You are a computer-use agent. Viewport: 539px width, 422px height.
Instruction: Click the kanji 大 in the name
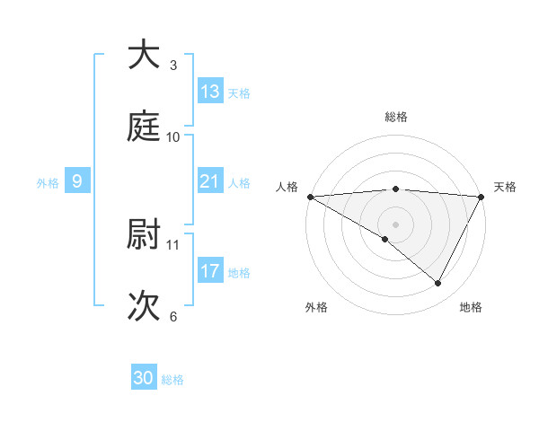[x=144, y=55]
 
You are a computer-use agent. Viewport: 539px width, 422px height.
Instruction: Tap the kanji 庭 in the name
[x=144, y=127]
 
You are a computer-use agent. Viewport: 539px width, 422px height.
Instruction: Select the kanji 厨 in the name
[x=144, y=235]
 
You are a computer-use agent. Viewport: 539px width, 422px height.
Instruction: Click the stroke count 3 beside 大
[x=173, y=65]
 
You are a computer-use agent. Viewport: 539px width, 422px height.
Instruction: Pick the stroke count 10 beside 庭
[x=173, y=137]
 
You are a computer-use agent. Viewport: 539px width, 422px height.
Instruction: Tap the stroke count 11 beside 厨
[x=173, y=244]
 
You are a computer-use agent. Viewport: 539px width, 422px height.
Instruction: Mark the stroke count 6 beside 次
[x=173, y=317]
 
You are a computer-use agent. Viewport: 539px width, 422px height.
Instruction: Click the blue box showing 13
[x=210, y=92]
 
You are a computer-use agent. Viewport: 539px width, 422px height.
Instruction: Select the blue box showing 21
[x=210, y=181]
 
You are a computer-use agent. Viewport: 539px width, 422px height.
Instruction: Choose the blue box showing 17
[x=210, y=271]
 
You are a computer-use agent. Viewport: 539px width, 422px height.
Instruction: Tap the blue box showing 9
[x=77, y=181]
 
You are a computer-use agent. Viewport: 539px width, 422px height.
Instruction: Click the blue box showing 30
[x=144, y=378]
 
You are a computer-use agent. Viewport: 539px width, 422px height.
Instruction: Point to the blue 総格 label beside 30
[x=172, y=380]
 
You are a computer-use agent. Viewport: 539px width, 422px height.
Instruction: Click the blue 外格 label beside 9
[x=48, y=183]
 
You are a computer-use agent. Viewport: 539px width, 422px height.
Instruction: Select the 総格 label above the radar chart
[x=395, y=117]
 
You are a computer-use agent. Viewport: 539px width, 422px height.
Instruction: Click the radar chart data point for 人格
[x=309, y=197]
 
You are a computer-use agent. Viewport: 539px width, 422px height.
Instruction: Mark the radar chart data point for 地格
[x=438, y=284]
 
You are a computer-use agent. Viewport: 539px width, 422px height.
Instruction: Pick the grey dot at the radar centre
[x=395, y=224]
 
